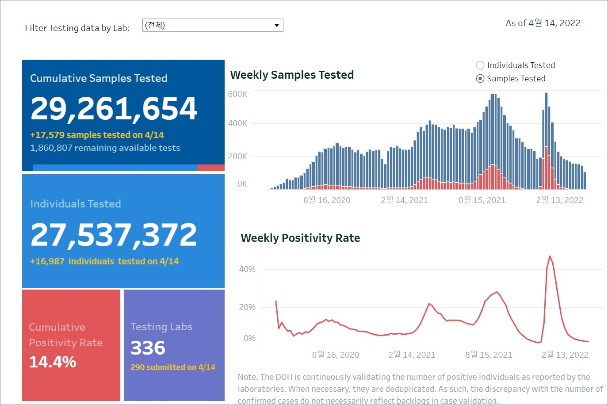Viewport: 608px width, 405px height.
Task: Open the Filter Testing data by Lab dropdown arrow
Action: tap(277, 25)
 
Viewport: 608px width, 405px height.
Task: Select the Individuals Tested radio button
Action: tap(480, 65)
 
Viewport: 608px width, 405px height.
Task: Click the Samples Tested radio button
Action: tap(480, 79)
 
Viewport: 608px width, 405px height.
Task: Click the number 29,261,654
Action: tap(114, 108)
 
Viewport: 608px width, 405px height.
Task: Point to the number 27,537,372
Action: tap(114, 234)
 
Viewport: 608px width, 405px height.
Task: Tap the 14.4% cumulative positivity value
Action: tap(53, 362)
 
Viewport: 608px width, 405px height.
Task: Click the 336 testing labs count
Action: tap(148, 348)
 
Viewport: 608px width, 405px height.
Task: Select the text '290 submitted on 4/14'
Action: tap(172, 367)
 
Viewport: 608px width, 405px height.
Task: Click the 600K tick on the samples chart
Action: tap(237, 94)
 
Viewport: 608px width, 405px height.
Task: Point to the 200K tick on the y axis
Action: tap(237, 156)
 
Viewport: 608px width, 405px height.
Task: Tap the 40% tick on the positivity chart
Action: tap(247, 269)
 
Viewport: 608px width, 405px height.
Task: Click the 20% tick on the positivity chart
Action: tap(247, 307)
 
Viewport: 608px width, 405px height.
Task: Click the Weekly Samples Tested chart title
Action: tap(292, 75)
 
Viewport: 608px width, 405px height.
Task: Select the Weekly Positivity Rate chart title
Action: tap(300, 238)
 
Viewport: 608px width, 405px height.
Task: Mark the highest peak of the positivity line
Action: tap(550, 256)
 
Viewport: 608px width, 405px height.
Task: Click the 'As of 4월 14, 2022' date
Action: tap(543, 23)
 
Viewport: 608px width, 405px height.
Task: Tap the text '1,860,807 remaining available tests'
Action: tap(105, 148)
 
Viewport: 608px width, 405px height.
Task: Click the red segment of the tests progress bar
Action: tap(211, 168)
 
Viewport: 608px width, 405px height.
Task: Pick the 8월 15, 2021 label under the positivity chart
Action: tap(489, 355)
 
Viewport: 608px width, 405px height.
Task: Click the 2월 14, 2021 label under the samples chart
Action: tap(405, 200)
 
